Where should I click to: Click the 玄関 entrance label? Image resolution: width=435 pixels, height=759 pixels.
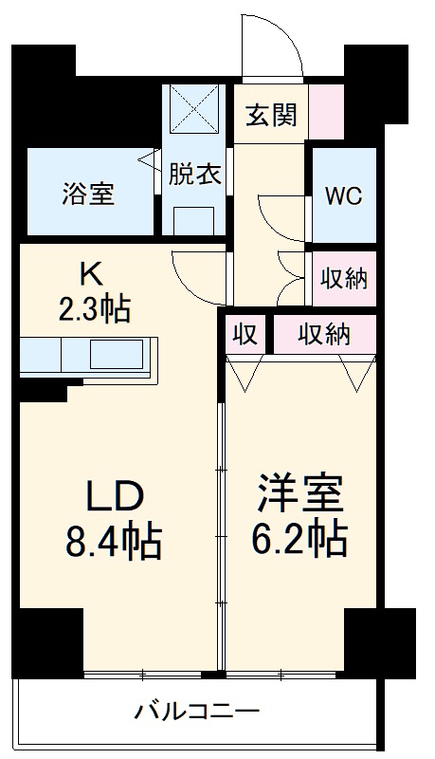(x=272, y=115)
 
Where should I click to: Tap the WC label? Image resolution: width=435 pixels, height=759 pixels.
(x=343, y=196)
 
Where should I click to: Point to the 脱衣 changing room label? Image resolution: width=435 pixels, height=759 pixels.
(x=195, y=175)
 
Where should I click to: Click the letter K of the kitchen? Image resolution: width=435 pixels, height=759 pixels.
(x=91, y=273)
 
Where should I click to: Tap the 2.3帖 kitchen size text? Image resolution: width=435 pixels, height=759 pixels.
(x=91, y=308)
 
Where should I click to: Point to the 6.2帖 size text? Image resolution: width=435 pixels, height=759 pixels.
(x=299, y=539)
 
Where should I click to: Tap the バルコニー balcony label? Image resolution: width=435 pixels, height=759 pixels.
(x=196, y=710)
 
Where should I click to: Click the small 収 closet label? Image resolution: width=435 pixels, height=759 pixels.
(x=246, y=334)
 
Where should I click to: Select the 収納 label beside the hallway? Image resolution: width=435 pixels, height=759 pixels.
(x=343, y=279)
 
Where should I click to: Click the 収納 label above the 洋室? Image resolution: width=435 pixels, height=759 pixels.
(x=325, y=334)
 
